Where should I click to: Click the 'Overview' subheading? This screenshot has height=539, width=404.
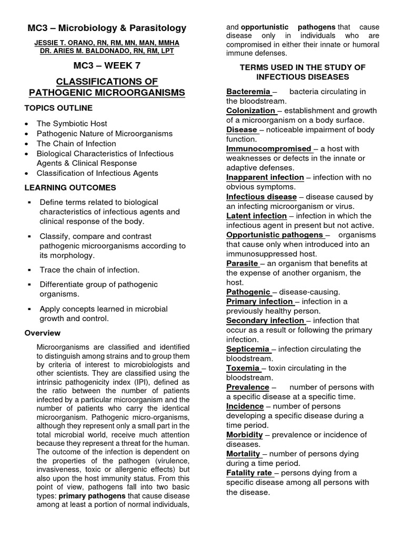pyautogui.click(x=43, y=333)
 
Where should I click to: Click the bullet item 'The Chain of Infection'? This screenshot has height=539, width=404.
pyautogui.click(x=76, y=144)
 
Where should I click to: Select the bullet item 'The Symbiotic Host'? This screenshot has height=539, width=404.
pyautogui.click(x=72, y=124)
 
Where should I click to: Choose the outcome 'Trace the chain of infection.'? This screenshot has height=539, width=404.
pyautogui.click(x=89, y=269)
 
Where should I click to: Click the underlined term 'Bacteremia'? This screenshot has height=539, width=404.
pyautogui.click(x=248, y=92)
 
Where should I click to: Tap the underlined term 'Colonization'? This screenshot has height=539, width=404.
pyautogui.click(x=250, y=111)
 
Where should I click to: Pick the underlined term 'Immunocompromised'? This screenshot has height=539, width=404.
pyautogui.click(x=268, y=149)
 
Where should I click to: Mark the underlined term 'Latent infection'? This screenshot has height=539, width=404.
pyautogui.click(x=256, y=216)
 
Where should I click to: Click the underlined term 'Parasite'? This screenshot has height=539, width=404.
pyautogui.click(x=242, y=263)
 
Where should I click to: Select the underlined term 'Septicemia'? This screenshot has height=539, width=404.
pyautogui.click(x=248, y=349)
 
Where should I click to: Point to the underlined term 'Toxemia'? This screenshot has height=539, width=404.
pyautogui.click(x=243, y=368)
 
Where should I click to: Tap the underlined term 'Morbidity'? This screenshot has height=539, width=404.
pyautogui.click(x=245, y=435)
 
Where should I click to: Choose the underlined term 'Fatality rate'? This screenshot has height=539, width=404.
pyautogui.click(x=249, y=473)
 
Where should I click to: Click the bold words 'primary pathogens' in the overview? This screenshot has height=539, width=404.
pyautogui.click(x=92, y=496)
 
